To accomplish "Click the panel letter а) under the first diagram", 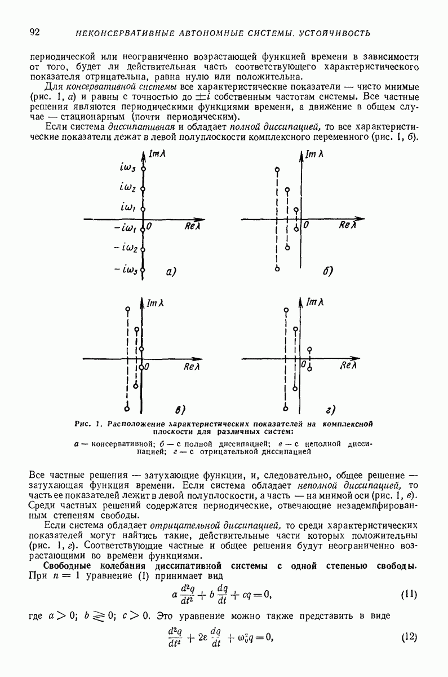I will click(x=171, y=272).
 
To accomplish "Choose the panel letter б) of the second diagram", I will click(x=329, y=272).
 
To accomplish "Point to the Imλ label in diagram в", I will click(x=156, y=304).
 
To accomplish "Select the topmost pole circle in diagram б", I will click(x=277, y=169).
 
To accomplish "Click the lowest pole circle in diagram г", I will click(x=286, y=408).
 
